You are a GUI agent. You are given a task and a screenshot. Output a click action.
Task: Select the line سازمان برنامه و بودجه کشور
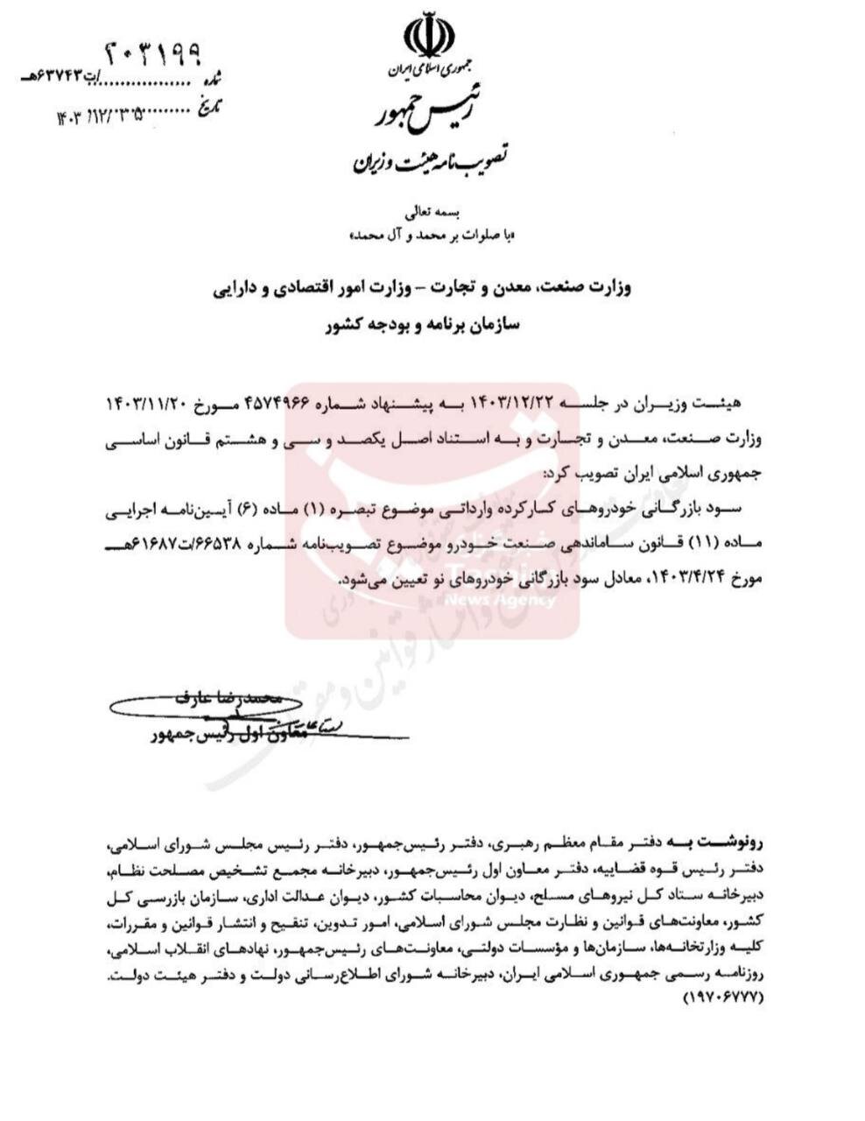[423, 323]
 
